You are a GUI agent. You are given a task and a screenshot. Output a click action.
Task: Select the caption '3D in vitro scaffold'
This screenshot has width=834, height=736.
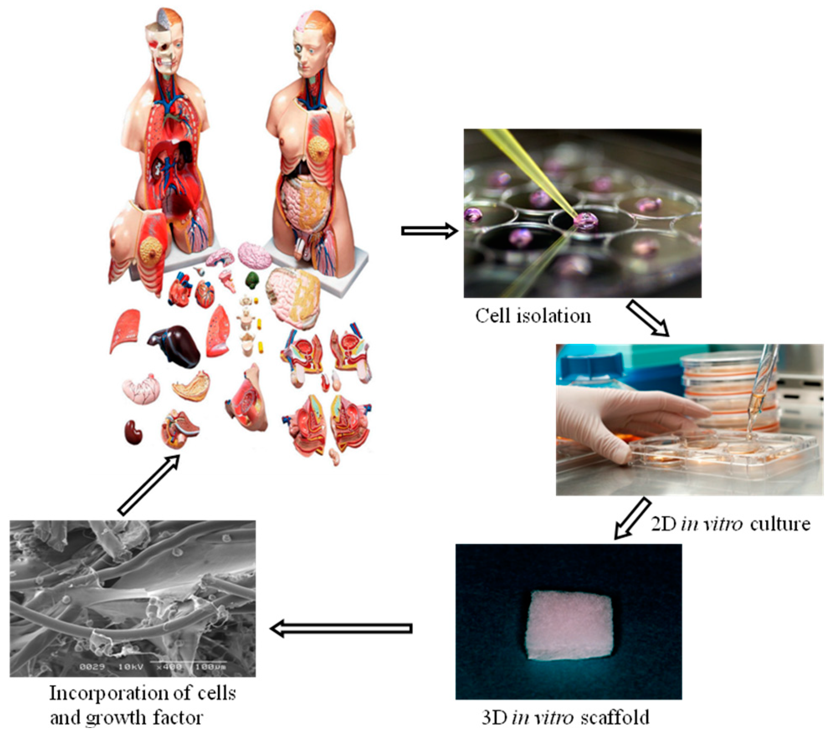(x=566, y=717)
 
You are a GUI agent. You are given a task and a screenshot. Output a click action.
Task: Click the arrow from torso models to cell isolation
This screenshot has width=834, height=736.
(x=430, y=231)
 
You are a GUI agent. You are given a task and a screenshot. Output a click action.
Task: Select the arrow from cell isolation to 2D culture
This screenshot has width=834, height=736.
(x=648, y=319)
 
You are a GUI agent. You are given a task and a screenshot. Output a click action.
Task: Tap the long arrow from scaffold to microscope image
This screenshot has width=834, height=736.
(x=341, y=628)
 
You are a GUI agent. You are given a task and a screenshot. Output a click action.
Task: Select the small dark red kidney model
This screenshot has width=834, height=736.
(x=133, y=432)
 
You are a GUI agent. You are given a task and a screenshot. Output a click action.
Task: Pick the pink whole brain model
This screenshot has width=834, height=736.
(x=254, y=255)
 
